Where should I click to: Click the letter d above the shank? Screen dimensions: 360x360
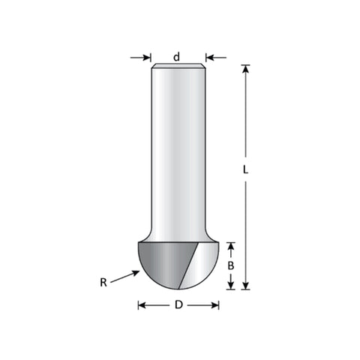click(176, 57)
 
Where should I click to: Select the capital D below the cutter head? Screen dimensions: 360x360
click(178, 305)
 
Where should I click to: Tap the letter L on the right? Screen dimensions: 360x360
click(245, 169)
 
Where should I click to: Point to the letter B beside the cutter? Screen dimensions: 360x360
click(231, 265)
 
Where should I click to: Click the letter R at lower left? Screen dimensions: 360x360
click(103, 283)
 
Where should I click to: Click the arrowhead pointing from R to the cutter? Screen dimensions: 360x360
click(136, 273)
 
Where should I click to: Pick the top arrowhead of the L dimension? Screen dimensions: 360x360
click(246, 69)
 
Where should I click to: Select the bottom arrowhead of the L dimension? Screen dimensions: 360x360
click(246, 286)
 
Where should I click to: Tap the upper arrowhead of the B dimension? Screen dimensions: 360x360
click(231, 246)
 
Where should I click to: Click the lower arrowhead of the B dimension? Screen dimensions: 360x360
click(231, 286)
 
